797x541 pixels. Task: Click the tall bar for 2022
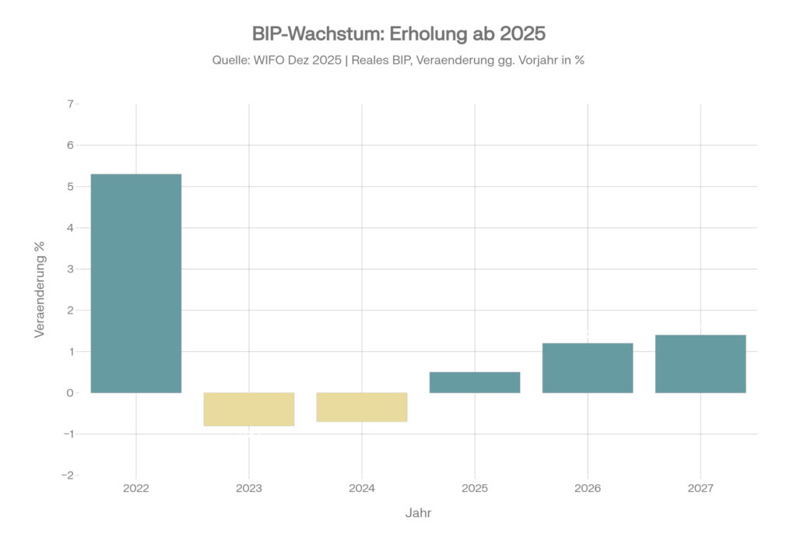point(136,283)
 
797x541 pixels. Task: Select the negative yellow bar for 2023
point(249,409)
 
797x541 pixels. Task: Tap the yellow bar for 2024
point(362,407)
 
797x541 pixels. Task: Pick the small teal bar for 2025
point(475,382)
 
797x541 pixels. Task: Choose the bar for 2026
point(588,367)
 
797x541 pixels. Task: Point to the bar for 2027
point(700,364)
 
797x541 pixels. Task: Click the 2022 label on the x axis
point(136,489)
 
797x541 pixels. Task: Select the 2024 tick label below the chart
point(362,489)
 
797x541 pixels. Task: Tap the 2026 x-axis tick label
point(588,489)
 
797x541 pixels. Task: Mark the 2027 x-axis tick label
point(700,489)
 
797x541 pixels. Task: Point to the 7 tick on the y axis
point(70,104)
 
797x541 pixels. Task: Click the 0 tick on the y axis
point(70,393)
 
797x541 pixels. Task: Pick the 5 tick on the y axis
point(70,187)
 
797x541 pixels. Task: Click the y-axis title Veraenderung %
point(40,289)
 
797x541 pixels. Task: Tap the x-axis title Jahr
point(418,514)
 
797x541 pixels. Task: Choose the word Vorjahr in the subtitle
point(531,61)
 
